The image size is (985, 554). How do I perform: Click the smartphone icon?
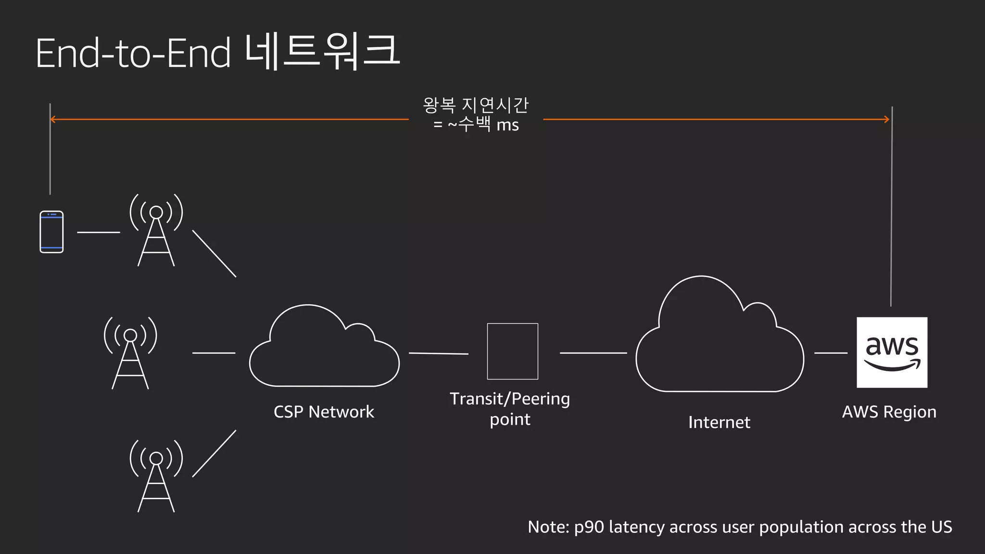tap(51, 232)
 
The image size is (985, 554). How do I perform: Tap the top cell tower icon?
tap(156, 231)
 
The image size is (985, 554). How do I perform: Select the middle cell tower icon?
tap(130, 353)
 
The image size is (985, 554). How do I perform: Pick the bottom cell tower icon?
tap(156, 476)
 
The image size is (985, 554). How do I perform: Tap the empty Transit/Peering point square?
tap(512, 351)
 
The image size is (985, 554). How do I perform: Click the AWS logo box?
tap(892, 352)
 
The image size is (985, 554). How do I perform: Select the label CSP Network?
tap(324, 412)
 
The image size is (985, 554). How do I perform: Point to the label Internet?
tap(719, 422)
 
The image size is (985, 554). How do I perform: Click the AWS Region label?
tap(889, 412)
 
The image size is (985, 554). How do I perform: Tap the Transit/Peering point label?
tap(510, 409)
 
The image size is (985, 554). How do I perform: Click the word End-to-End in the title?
tap(133, 53)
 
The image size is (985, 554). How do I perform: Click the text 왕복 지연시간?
tap(475, 105)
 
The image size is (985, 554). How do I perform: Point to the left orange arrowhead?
tap(52, 119)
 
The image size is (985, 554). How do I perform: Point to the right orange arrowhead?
tap(887, 119)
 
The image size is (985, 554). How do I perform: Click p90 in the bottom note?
tap(589, 527)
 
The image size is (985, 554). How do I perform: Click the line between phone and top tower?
tap(99, 232)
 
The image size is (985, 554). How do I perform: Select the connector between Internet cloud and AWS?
tap(831, 353)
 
